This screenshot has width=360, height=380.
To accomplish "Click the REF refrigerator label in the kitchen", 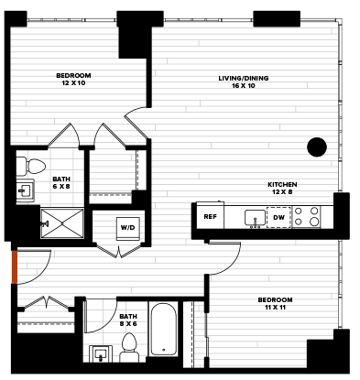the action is point(210,217).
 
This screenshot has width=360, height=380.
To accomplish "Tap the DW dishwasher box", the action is point(278,217).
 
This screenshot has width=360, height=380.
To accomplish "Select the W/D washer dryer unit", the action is point(128,228).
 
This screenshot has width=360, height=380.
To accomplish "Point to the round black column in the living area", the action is point(317,147).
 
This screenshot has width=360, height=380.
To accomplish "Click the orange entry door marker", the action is point(14,267).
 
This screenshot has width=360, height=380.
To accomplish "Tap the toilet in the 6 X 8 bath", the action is point(30,167).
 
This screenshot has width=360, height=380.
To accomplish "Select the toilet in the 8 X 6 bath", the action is point(129,347).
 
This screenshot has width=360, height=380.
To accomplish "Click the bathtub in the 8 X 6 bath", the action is point(164,329).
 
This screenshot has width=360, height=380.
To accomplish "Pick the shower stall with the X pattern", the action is point(62,223).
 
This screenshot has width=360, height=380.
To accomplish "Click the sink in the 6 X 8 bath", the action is point(25,191).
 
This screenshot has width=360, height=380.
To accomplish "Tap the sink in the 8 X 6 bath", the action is point(101,353).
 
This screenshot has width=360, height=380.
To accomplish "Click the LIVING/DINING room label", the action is point(244,78).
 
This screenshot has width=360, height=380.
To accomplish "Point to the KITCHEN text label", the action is point(282,185).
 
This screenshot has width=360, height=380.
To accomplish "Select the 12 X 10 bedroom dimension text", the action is point(73,83).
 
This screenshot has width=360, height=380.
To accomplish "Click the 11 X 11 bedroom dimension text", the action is point(275,308).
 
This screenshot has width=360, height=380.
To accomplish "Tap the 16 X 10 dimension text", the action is point(244,86).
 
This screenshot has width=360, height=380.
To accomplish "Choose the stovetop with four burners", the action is point(306,216).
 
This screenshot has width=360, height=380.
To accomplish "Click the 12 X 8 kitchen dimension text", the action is point(282,192).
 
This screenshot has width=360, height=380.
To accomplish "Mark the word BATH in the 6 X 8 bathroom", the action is point(61,179).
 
